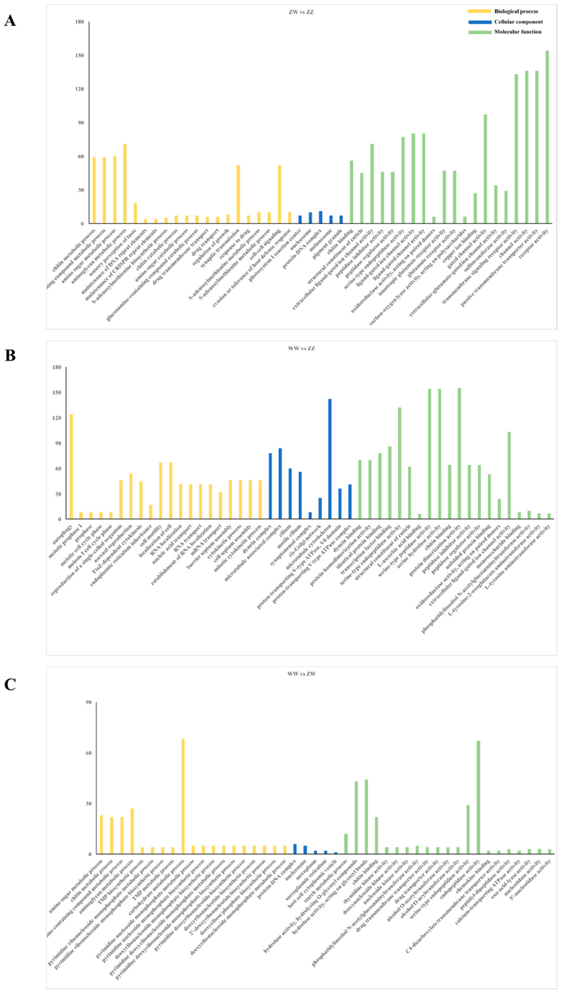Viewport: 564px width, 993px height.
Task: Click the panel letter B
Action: pyautogui.click(x=10, y=355)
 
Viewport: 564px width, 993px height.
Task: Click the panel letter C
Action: pyautogui.click(x=10, y=684)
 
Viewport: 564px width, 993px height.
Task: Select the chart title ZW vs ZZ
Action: pyautogui.click(x=301, y=12)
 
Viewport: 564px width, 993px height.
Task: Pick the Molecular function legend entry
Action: pyautogui.click(x=517, y=32)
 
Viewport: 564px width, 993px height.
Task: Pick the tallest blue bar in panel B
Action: pyautogui.click(x=330, y=459)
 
